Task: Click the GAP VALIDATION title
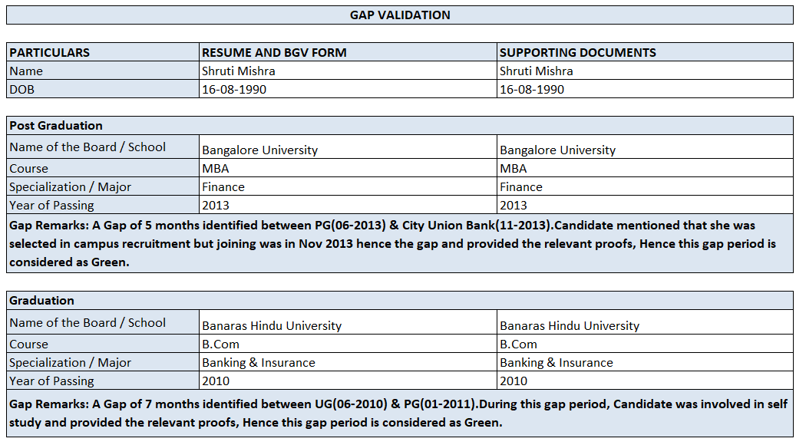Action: tap(400, 15)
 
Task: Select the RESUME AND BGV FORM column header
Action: tap(274, 53)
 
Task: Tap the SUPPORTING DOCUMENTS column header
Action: tap(577, 53)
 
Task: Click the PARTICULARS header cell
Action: tap(49, 53)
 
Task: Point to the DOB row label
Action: tap(21, 90)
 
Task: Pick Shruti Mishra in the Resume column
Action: tap(238, 71)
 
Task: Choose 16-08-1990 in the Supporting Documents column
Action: tap(531, 90)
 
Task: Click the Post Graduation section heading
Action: tap(56, 126)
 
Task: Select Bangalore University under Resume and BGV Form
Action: tap(259, 150)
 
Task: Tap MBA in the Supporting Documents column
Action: tap(513, 169)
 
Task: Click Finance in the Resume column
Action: tap(223, 187)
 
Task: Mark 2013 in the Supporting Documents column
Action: tap(513, 206)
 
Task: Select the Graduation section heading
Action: tap(41, 301)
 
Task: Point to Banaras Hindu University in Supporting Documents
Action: tap(569, 326)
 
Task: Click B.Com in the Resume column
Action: tap(220, 344)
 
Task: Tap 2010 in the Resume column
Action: tap(215, 381)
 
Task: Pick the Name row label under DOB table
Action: tap(26, 71)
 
